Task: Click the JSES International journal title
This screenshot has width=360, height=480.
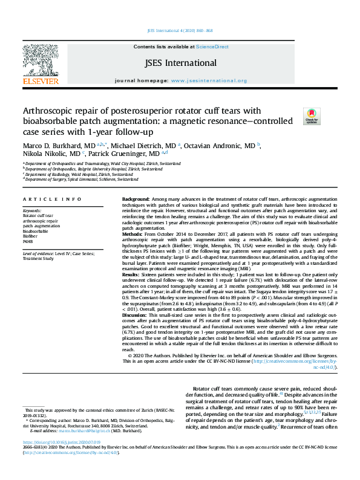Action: click(x=180, y=63)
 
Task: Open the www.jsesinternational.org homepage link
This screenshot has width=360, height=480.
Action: click(x=209, y=80)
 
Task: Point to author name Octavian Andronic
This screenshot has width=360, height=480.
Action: click(x=221, y=146)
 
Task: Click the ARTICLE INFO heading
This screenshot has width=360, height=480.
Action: click(x=52, y=199)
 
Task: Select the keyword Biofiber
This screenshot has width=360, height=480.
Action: click(x=30, y=236)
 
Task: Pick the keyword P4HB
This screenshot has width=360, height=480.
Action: click(x=28, y=241)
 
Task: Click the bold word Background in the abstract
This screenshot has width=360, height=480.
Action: click(x=136, y=199)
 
